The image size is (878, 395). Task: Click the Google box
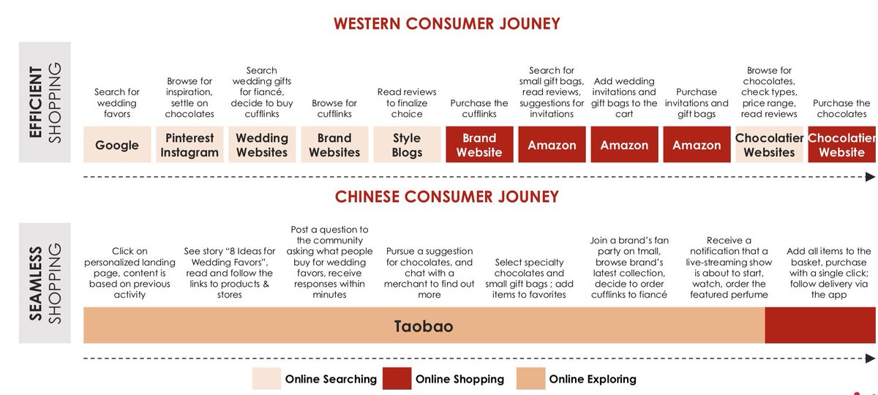117,145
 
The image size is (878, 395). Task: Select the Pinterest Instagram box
190,145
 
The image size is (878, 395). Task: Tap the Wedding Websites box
262,145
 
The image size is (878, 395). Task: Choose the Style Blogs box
407,145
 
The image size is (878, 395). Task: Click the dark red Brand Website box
479,145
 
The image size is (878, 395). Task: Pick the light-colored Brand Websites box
334,145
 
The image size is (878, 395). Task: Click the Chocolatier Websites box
769,145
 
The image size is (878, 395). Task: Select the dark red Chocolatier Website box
841,145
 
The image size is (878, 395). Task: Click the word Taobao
424,326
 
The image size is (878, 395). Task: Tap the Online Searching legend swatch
266,379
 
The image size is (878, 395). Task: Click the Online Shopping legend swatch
396,379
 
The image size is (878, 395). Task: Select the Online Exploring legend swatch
530,379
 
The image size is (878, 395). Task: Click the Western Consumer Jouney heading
446,23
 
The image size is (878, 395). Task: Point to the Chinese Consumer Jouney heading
446,197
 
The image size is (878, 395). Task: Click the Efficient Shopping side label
45,102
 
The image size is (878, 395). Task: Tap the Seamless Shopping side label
45,282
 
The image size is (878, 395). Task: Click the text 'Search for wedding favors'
117,103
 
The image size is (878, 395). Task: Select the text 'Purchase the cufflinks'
479,108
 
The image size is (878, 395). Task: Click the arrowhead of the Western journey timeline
870,177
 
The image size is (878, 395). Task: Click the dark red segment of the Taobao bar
819,326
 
